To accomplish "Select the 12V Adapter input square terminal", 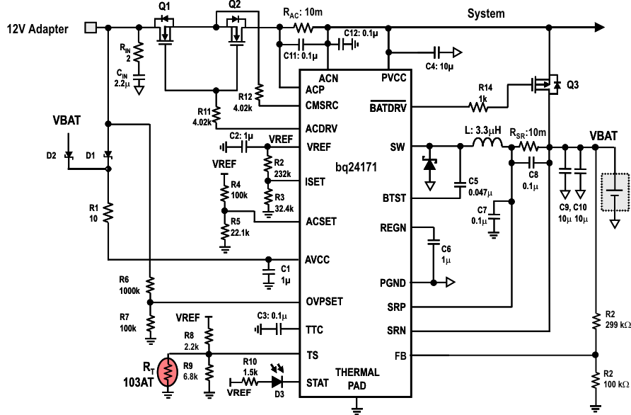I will pyautogui.click(x=90, y=28).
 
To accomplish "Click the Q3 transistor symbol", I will pyautogui.click(x=546, y=85).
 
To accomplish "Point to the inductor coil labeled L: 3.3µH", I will pyautogui.click(x=488, y=145).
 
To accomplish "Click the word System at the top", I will pyautogui.click(x=486, y=13).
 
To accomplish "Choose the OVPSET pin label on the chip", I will pyautogui.click(x=324, y=302).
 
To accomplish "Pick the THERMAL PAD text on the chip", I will pyautogui.click(x=357, y=378).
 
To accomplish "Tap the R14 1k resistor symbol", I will pyautogui.click(x=480, y=108).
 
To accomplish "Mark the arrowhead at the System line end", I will pyautogui.click(x=600, y=28).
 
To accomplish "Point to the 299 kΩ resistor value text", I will pyautogui.click(x=615, y=324).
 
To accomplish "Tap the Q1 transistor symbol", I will pyautogui.click(x=165, y=32).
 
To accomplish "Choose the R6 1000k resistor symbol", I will pyautogui.click(x=149, y=285).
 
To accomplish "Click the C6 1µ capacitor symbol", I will pyautogui.click(x=432, y=242).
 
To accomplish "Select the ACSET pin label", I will pyautogui.click(x=321, y=221).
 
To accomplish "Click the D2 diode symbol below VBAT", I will pyautogui.click(x=68, y=154).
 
